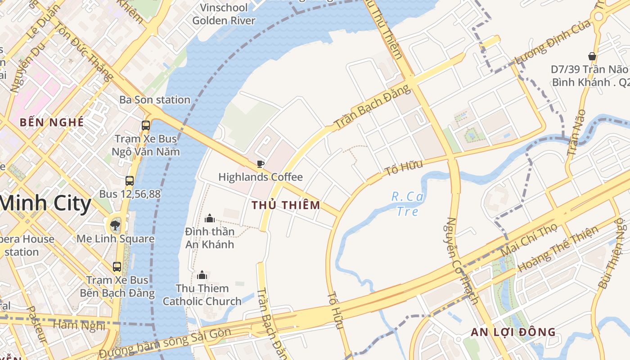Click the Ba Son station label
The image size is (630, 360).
[155, 100]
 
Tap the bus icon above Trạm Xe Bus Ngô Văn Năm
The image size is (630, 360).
[146, 126]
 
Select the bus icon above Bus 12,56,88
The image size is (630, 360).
[130, 181]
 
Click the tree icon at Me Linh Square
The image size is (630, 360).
[115, 225]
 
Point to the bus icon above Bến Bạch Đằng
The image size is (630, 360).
[117, 266]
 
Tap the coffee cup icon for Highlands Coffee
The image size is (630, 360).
[260, 164]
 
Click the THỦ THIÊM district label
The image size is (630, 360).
[286, 205]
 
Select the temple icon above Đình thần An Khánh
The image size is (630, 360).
[210, 219]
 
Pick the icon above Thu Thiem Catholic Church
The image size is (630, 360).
[202, 274]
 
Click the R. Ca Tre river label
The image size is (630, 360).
[408, 204]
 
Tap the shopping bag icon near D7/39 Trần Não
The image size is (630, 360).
[592, 56]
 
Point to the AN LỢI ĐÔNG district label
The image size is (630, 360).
[513, 333]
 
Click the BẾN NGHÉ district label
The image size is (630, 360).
[52, 122]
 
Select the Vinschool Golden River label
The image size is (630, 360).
[224, 14]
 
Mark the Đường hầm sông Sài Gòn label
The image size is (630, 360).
[165, 342]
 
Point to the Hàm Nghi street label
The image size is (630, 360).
[79, 325]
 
